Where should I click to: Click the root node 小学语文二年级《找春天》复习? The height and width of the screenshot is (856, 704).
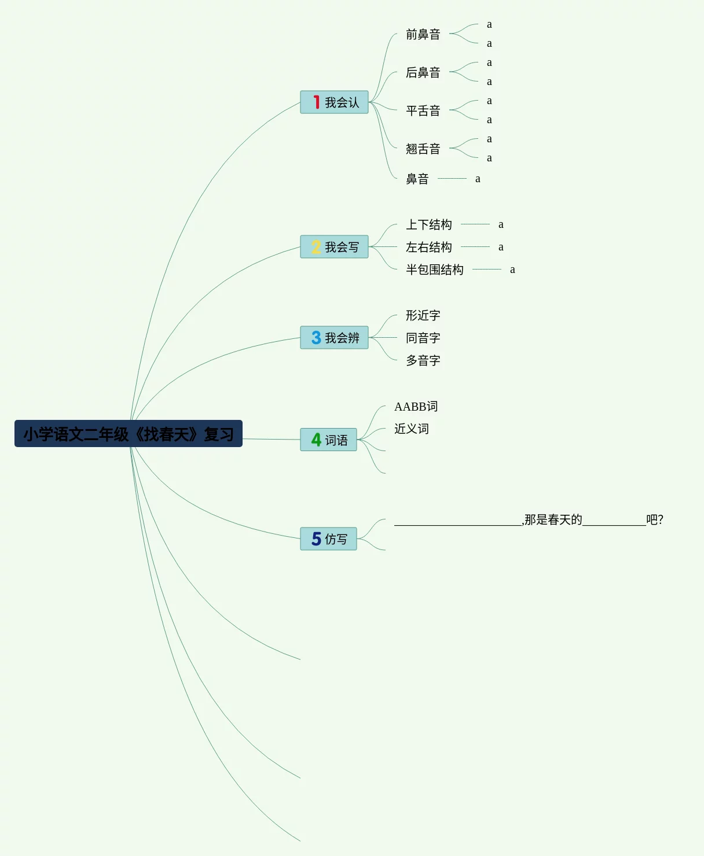point(128,434)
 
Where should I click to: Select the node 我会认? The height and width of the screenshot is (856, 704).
point(334,102)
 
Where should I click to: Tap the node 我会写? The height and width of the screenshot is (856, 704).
point(334,247)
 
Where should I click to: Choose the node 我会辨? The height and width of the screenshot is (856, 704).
point(334,338)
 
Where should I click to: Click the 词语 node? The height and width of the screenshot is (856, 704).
point(328,440)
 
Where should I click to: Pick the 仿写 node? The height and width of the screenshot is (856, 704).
point(328,539)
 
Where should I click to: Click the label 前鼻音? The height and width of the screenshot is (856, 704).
point(423,35)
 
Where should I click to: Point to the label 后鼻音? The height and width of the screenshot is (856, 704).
point(423,73)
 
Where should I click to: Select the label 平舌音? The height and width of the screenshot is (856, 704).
point(423,111)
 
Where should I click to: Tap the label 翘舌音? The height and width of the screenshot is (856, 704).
point(423,149)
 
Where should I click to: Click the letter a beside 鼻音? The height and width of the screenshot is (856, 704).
point(478,179)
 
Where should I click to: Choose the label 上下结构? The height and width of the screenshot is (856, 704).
point(428,224)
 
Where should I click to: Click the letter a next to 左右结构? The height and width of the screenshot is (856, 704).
point(501,247)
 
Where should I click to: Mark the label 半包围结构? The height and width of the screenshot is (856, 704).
point(434,270)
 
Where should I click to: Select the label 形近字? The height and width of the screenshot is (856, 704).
point(423,315)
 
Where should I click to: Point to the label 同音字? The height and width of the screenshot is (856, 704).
point(423,338)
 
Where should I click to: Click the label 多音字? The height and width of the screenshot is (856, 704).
point(423,360)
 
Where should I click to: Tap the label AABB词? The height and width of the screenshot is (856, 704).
point(416,407)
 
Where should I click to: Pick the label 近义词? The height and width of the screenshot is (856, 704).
point(411,429)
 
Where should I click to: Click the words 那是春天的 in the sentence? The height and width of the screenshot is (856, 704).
point(553,519)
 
